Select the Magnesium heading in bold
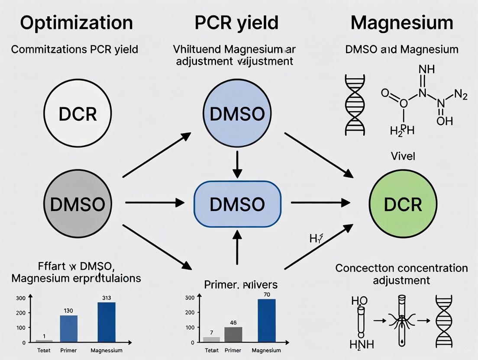pos(402,22)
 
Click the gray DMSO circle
pos(78,204)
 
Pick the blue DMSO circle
pos(237,114)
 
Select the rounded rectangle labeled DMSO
pos(237,204)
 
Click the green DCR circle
pos(403,204)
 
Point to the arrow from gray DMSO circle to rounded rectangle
pos(154,202)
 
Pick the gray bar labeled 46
pos(233,334)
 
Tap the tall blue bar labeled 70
pos(266,320)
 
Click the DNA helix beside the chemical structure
pos(355,105)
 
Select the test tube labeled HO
pos(360,322)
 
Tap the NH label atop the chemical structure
pos(426,69)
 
